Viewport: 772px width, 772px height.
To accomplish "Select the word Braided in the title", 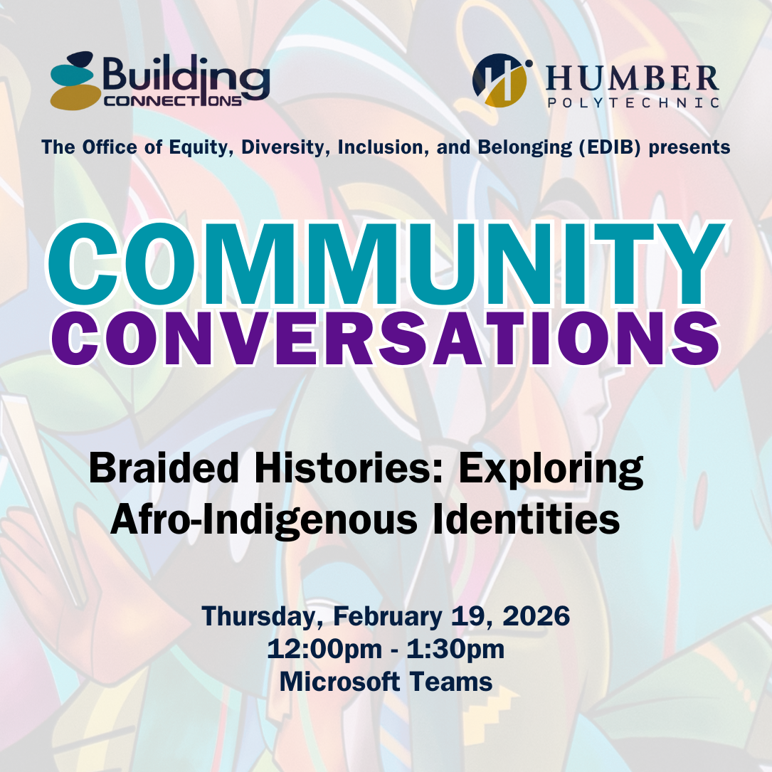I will (151, 470).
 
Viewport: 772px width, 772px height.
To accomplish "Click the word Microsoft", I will (339, 681).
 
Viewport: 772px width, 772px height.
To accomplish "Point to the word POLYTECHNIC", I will (633, 103).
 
